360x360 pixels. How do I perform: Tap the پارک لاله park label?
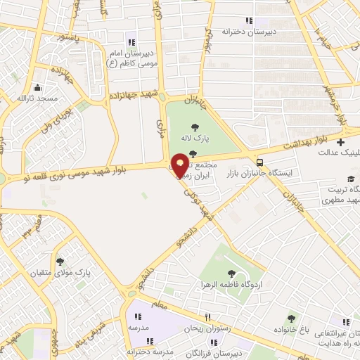[195, 138]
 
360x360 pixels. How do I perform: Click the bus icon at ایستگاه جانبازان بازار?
[261, 161]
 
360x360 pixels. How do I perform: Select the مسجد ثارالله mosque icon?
[37, 89]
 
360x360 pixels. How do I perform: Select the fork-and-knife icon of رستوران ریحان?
[207, 318]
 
